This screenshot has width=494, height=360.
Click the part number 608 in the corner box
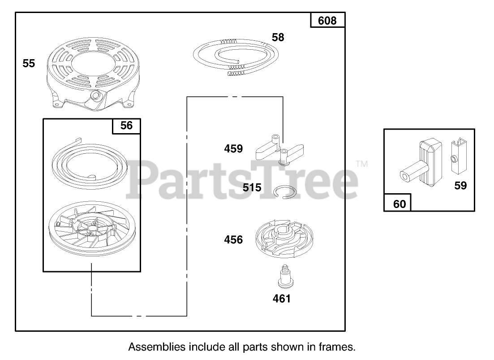(x=327, y=21)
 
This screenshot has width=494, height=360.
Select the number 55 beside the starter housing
(x=29, y=64)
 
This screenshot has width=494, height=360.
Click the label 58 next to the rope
(x=278, y=37)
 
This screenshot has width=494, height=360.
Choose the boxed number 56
(x=126, y=126)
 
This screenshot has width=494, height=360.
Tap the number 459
(x=233, y=148)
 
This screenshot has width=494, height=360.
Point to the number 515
(x=252, y=187)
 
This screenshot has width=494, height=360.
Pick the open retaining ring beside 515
(x=285, y=191)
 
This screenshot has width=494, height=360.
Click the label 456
(x=233, y=240)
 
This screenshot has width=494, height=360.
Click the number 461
(x=282, y=298)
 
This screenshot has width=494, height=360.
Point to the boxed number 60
(x=399, y=204)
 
